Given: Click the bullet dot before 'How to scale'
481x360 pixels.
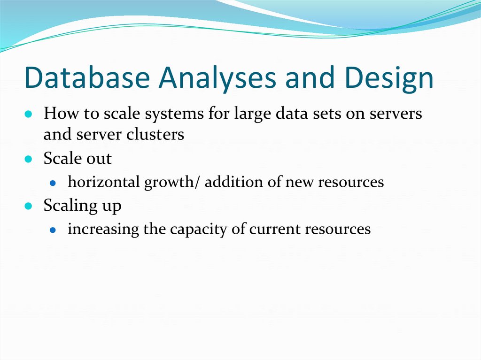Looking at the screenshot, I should pos(29,115).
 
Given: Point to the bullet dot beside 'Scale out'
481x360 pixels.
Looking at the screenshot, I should pos(29,160).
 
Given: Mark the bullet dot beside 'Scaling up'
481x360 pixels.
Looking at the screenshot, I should pos(29,206).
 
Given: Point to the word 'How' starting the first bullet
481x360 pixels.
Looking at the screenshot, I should pos(56,114).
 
